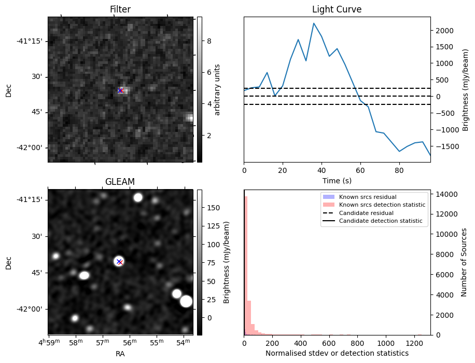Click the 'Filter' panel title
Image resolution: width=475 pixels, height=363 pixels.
(120, 9)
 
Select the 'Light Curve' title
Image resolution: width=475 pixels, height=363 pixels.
(337, 9)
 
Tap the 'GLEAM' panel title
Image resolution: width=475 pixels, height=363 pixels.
(120, 182)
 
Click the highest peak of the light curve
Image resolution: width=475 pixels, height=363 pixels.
(314, 23)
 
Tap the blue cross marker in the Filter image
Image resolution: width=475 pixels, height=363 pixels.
(120, 90)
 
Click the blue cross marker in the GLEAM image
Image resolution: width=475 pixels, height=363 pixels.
(119, 261)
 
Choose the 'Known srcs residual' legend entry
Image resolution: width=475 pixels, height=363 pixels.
(367, 197)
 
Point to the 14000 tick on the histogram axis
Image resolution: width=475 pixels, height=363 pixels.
(443, 194)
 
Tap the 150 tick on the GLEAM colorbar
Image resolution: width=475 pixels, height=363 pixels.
(209, 208)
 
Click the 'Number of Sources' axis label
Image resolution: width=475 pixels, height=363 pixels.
(464, 262)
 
